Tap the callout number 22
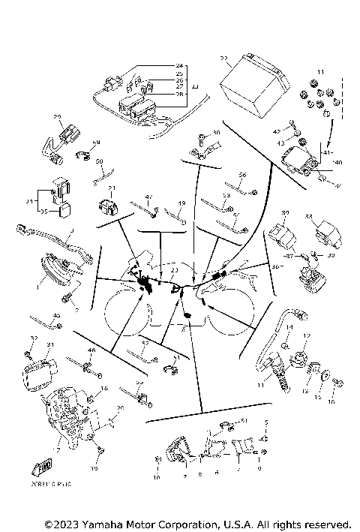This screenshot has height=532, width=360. [223, 58]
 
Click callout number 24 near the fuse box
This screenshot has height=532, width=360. [179, 67]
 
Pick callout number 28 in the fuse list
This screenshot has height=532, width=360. [179, 95]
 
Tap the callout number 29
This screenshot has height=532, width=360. [57, 117]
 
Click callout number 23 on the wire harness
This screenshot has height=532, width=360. [174, 270]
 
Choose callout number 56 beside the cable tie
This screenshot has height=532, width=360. [242, 175]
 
